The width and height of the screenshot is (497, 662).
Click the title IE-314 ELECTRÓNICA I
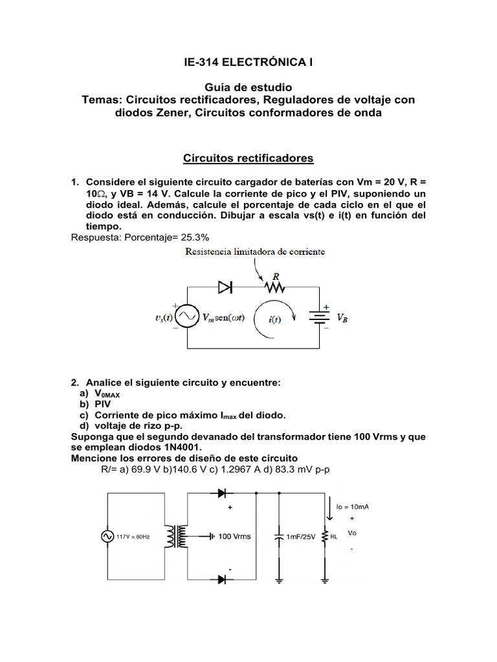coord(248,62)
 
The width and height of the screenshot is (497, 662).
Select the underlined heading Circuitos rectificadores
coord(248,158)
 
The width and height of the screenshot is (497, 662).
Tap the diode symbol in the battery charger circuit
coord(225,287)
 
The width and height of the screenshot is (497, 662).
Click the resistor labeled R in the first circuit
coord(274,286)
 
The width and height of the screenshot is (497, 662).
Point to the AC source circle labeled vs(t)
coord(188,317)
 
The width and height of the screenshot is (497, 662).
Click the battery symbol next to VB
coord(318,317)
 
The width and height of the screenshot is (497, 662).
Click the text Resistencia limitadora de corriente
coord(255,251)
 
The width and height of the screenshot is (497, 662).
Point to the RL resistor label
coord(335,537)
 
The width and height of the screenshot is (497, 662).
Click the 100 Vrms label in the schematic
coord(234,537)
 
